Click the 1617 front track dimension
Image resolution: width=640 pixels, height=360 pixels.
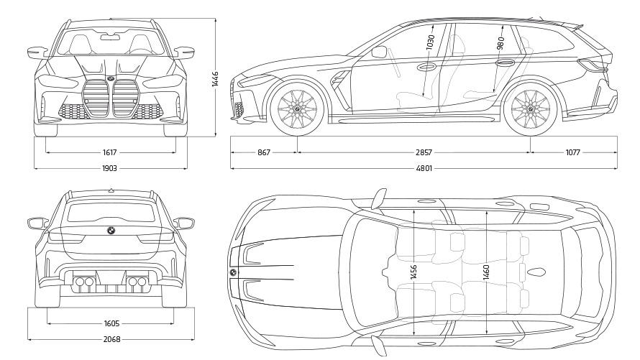(x=109, y=152)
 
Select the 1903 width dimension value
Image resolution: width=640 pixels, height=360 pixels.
(x=109, y=168)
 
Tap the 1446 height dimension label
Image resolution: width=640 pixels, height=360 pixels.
(x=215, y=79)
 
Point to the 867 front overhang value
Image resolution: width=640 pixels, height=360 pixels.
(x=263, y=152)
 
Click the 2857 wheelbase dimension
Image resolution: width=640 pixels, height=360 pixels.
(x=424, y=152)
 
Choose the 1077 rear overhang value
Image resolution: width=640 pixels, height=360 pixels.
(x=572, y=152)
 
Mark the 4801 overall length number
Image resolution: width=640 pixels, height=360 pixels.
(x=424, y=168)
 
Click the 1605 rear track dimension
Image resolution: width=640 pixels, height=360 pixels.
(x=111, y=323)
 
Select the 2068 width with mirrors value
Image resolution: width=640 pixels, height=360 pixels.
(x=111, y=339)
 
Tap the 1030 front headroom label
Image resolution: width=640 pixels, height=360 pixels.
(x=430, y=42)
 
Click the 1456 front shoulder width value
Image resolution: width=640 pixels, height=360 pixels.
(x=413, y=272)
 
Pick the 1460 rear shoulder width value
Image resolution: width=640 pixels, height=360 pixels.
(x=486, y=272)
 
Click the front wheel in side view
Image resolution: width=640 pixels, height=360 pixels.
(x=298, y=109)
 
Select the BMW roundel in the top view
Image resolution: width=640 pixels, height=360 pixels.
(x=233, y=273)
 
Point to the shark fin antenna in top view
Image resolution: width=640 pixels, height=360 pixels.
(x=536, y=272)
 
